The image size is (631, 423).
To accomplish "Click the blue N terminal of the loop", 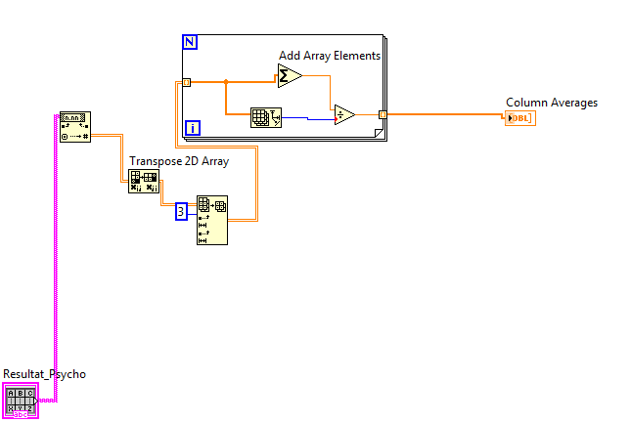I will (189, 42).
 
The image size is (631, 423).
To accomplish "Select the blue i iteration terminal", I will (193, 127).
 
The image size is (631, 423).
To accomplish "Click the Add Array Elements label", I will (329, 56).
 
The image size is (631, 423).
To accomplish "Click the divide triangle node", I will (344, 114).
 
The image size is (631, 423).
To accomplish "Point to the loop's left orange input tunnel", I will (186, 83).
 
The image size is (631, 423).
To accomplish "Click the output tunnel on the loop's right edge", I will (383, 114).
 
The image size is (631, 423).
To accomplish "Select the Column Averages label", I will (551, 103).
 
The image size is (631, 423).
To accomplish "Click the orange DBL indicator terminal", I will (519, 118).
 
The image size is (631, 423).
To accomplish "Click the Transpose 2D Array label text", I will (179, 161).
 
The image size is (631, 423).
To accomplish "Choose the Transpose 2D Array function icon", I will (143, 181).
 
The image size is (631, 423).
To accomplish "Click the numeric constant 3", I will (181, 211).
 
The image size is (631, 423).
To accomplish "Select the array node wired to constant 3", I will (211, 220).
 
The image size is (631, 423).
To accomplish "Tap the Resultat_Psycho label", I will (44, 374).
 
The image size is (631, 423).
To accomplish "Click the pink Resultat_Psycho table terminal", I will (21, 401).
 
